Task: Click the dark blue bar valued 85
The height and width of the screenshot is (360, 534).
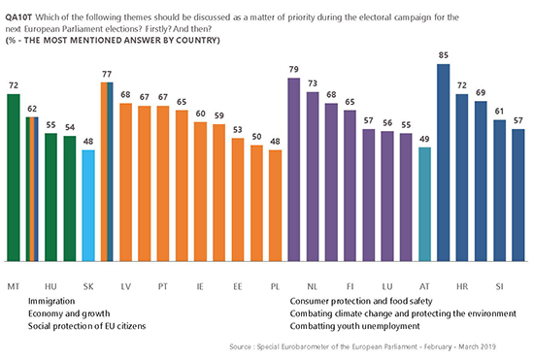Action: pyautogui.click(x=443, y=163)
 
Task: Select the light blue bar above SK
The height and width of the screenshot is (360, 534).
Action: pyautogui.click(x=88, y=206)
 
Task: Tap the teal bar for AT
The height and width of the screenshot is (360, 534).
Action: pyautogui.click(x=424, y=205)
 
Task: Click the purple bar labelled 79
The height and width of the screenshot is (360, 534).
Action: pyautogui.click(x=294, y=170)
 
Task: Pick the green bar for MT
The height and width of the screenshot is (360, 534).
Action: pyautogui.click(x=14, y=178)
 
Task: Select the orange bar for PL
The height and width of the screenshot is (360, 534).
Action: pyautogui.click(x=275, y=206)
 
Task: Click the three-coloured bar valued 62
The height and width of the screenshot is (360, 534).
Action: pyautogui.click(x=32, y=189)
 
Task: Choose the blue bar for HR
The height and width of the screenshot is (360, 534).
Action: pyautogui.click(x=462, y=178)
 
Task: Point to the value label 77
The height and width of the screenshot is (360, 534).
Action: pyautogui.click(x=107, y=74)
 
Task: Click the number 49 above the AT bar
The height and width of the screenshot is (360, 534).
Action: pyautogui.click(x=424, y=139)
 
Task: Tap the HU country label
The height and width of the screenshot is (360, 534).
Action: pyautogui.click(x=50, y=286)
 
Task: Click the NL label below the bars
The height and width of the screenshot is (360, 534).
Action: pyautogui.click(x=313, y=286)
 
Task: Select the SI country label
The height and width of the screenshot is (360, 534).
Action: pyautogui.click(x=500, y=286)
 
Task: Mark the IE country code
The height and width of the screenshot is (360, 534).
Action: pyautogui.click(x=200, y=286)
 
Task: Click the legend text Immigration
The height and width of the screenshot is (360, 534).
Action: pyautogui.click(x=51, y=301)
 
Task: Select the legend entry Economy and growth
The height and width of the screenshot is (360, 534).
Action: pyautogui.click(x=69, y=313)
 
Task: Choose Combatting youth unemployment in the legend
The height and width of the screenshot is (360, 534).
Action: pyautogui.click(x=354, y=326)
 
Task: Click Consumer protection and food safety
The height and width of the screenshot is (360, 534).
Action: pyautogui.click(x=361, y=301)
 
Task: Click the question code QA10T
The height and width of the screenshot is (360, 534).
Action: pyautogui.click(x=18, y=17)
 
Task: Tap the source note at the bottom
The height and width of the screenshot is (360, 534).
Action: pyautogui.click(x=362, y=346)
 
